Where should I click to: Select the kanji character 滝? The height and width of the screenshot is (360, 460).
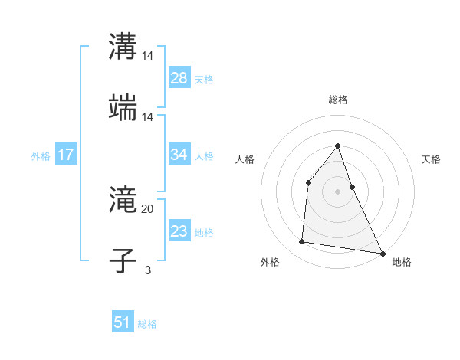123,201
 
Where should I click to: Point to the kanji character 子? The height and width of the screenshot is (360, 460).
123,260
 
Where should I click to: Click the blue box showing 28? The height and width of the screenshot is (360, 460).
179,77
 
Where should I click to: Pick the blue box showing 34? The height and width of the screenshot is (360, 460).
179,154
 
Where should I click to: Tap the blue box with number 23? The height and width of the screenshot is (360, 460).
179,231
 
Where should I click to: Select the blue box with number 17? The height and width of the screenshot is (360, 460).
66,154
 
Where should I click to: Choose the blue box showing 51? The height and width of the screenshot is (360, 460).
123,322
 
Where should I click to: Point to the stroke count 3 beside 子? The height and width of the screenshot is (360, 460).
148,270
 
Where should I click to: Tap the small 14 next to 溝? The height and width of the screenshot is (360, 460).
148,56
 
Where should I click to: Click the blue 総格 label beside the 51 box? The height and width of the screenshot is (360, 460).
147,324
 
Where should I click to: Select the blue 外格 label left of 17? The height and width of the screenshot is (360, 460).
41,155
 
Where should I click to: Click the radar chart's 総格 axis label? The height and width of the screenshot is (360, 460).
337,100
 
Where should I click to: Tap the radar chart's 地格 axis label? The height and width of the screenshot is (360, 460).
402,262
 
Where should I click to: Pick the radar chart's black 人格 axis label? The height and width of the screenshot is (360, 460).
245,159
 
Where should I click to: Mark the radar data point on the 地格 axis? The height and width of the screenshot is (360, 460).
382,253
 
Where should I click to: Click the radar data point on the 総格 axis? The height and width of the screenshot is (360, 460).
337,146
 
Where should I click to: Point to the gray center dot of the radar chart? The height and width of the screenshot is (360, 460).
337,191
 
